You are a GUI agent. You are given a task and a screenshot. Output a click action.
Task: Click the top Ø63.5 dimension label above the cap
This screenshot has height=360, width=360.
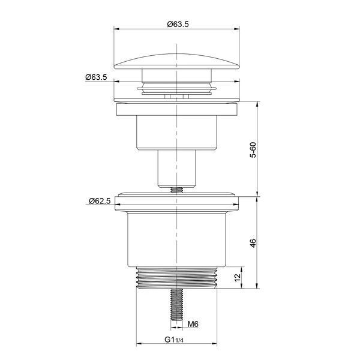178,24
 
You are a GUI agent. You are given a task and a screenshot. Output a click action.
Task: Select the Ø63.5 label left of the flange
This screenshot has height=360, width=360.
96,77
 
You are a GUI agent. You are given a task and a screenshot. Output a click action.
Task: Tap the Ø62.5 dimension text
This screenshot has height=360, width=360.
100,201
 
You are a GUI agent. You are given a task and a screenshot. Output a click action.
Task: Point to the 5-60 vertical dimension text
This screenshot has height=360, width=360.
253,149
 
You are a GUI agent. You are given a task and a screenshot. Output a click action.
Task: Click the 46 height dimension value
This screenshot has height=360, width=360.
253,243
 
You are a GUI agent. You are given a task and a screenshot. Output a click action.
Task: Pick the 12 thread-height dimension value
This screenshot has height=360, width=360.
238,277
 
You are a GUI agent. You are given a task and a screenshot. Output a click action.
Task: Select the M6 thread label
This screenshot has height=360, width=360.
193,324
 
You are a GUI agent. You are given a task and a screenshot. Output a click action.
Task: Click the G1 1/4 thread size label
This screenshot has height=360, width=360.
174,340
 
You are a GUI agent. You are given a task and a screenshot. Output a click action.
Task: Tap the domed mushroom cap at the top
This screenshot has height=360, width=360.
177,61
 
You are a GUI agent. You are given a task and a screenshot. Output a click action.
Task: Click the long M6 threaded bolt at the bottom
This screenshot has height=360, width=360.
176,304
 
